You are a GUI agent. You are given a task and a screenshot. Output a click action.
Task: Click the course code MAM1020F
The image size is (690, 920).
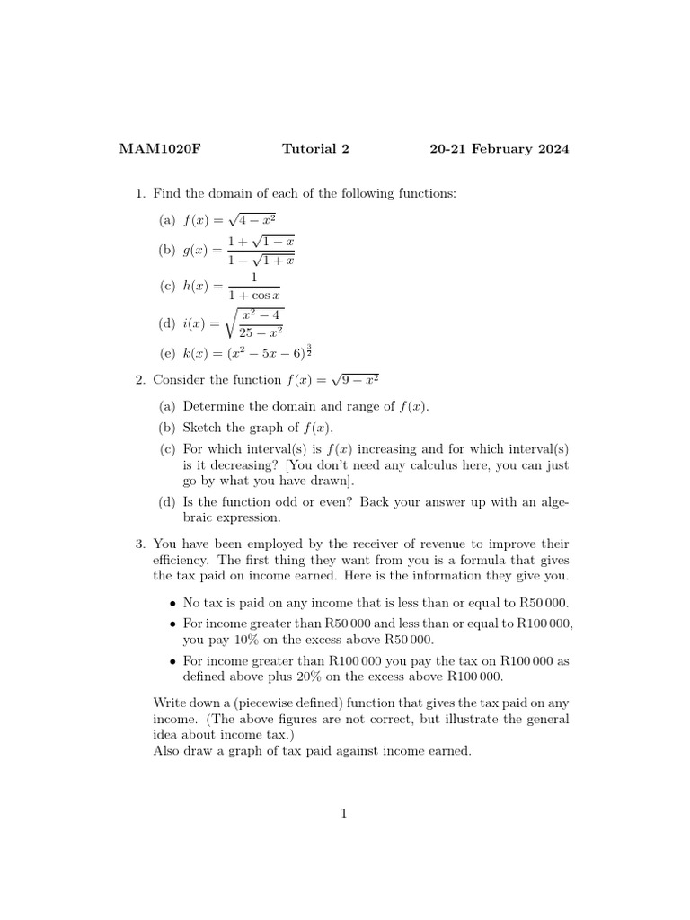tap(160, 149)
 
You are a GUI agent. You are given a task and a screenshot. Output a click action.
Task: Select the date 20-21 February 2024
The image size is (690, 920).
tap(499, 149)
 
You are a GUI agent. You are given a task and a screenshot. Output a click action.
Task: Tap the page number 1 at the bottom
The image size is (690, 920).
tap(343, 814)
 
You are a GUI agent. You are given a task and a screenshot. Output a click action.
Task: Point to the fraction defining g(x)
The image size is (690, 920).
tap(261, 252)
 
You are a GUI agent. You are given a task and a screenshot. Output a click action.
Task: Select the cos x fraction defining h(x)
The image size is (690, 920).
tap(254, 287)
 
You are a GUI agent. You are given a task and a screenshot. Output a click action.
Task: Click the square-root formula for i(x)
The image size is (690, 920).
tap(254, 323)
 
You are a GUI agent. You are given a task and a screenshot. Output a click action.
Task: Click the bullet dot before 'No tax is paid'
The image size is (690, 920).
tap(172, 603)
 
